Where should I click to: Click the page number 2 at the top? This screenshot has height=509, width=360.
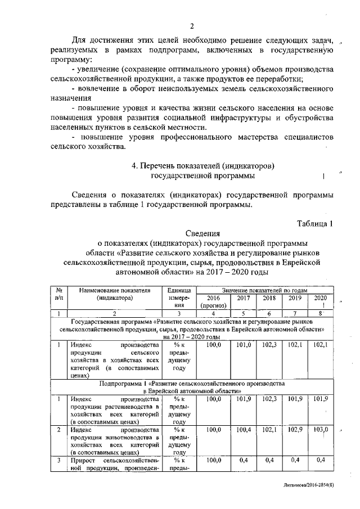click(x=192, y=26)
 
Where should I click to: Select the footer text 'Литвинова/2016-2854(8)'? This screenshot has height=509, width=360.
click(x=316, y=499)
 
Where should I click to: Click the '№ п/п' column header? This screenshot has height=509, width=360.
click(x=58, y=293)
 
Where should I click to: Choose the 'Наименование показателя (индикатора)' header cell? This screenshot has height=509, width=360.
click(x=113, y=293)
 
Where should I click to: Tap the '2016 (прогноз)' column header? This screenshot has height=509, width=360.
click(x=213, y=301)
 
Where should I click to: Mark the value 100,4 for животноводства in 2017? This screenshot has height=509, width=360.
click(x=243, y=430)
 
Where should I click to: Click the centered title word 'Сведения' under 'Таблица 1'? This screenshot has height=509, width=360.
click(x=202, y=233)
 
